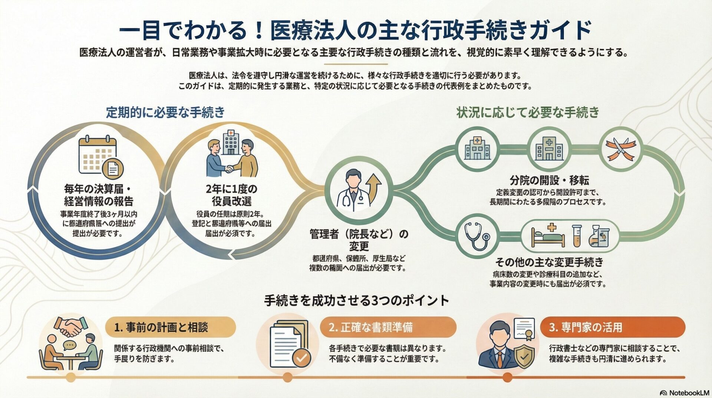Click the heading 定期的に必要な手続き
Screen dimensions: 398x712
(x=165, y=112)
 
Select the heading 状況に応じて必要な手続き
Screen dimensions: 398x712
(x=528, y=112)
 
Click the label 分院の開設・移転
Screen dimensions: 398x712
(x=549, y=180)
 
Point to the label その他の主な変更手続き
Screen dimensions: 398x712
(x=549, y=262)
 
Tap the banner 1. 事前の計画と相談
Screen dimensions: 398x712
(x=171, y=327)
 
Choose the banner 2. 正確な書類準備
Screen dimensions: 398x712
(x=388, y=327)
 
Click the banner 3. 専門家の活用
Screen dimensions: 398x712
(x=612, y=327)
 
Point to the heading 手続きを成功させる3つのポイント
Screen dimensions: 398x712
(x=356, y=300)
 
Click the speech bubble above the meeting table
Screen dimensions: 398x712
(x=69, y=345)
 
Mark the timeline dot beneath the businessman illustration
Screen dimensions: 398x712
(x=507, y=378)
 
